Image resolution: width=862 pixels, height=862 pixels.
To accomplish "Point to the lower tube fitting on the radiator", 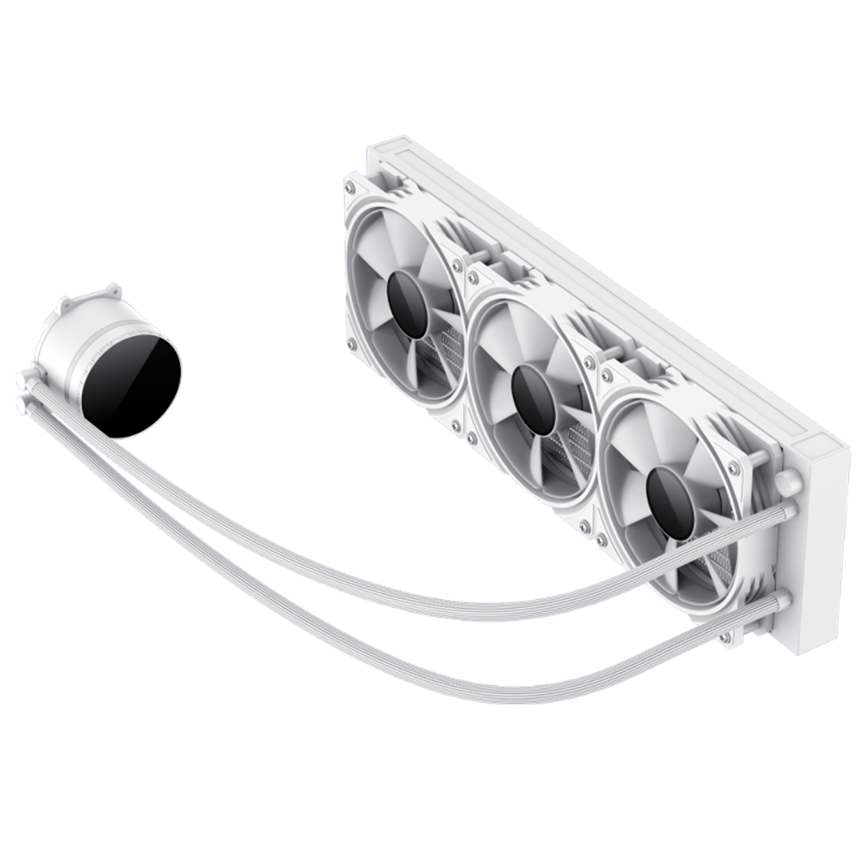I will pos(781,601).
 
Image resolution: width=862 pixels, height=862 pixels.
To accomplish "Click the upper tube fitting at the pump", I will pos(23,378).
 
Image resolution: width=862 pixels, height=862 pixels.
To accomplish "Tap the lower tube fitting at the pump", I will pos(21,403).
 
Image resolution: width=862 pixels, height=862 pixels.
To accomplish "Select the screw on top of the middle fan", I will pos(473,278).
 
